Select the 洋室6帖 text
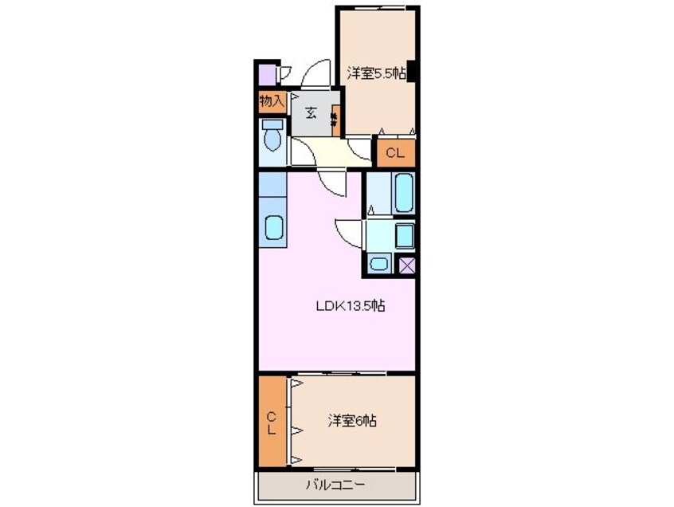(351, 421)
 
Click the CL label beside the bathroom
(395, 152)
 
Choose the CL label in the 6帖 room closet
(272, 422)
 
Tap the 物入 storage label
(272, 101)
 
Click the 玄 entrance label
(311, 112)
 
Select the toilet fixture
(272, 137)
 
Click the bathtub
(403, 192)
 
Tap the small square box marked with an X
(407, 265)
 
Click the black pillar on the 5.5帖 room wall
(411, 72)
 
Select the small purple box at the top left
(265, 75)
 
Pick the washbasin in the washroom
(404, 236)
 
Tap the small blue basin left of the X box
(379, 265)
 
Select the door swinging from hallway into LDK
(334, 183)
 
